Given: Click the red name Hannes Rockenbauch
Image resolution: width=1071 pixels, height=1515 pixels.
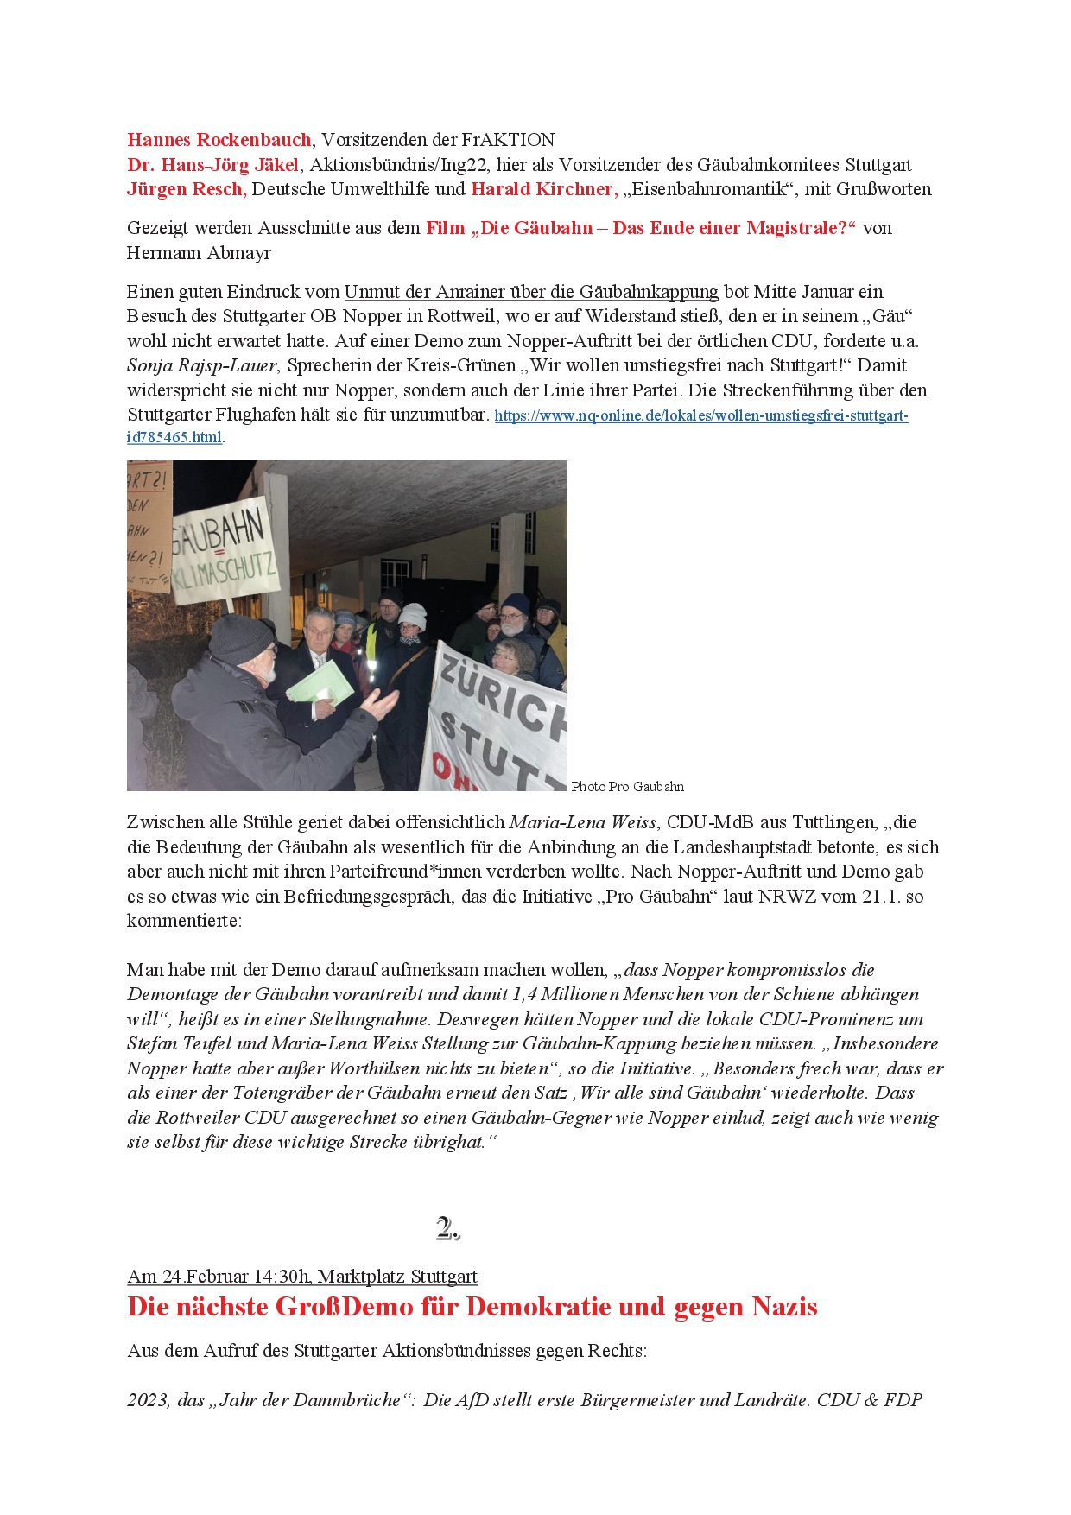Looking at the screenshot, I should pos(219,140).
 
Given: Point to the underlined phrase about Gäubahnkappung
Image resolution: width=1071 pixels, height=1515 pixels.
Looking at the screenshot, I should pos(531,292).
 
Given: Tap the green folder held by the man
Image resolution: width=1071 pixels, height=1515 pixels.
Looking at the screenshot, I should pos(320,686).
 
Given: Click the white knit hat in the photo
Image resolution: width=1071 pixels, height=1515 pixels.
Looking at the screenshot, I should pos(413,614).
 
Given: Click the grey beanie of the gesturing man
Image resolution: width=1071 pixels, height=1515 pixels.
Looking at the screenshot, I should pos(241,637).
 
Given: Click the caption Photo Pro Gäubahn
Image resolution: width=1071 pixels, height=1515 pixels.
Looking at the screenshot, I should pos(627,787).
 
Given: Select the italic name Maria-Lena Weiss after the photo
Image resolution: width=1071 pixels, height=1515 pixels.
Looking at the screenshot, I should pos(582,822).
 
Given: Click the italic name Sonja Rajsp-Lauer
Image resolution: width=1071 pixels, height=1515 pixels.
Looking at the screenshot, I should pos(202,365).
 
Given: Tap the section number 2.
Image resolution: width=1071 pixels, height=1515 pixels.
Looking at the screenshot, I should pos(447,1228).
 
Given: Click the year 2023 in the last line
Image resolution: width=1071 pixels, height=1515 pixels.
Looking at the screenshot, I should pos(148,1400).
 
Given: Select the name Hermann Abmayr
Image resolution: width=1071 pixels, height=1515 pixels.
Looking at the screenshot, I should pos(199,253).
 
